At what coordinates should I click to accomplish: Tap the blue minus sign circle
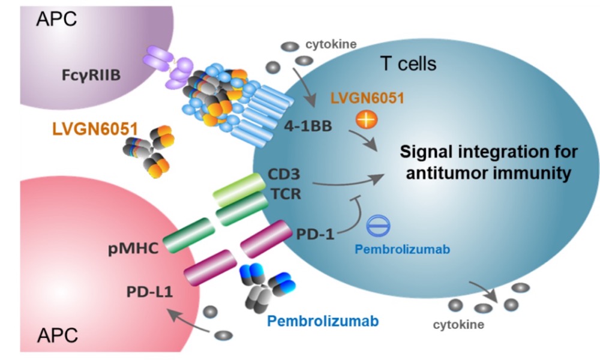[378, 223]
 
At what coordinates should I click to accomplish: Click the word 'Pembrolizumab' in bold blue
[323, 321]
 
